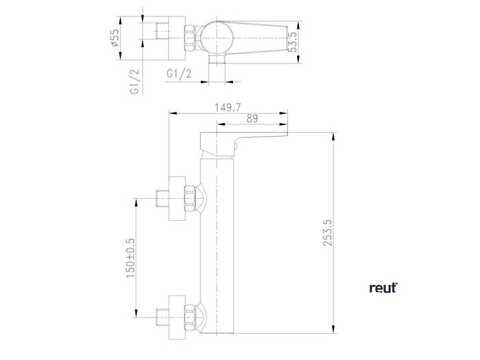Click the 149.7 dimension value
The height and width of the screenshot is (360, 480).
(228, 107)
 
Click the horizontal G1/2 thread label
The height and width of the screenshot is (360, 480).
(179, 74)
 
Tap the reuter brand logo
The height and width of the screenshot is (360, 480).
(383, 288)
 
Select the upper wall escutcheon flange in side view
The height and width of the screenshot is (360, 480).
(177, 198)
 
